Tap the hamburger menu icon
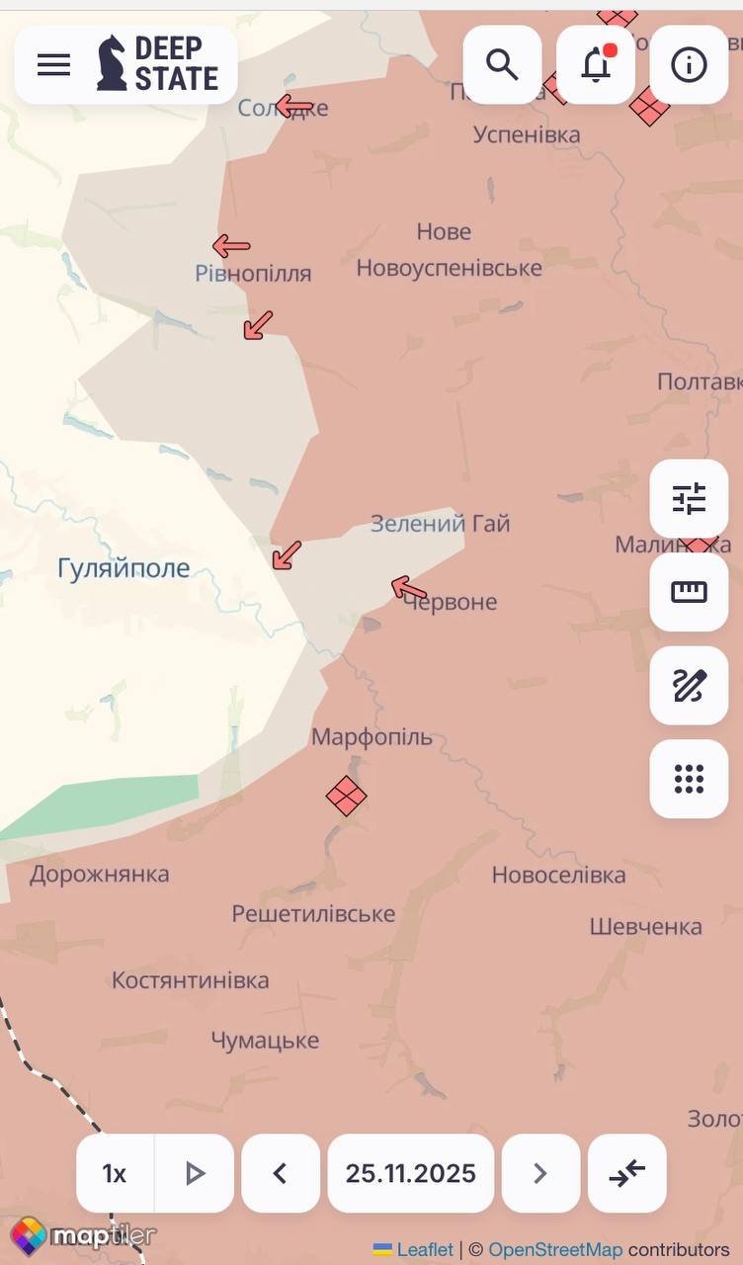(x=53, y=65)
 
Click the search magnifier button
(x=502, y=65)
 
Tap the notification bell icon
(x=596, y=65)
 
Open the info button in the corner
(x=689, y=65)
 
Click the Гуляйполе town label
(x=124, y=569)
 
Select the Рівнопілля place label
(x=253, y=274)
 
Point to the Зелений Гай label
(x=440, y=524)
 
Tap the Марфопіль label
(x=371, y=737)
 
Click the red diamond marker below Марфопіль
(x=346, y=796)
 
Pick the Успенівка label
(x=527, y=134)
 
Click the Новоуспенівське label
(x=449, y=268)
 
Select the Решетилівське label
(x=313, y=914)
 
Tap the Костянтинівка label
(x=190, y=981)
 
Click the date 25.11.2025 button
(x=410, y=1173)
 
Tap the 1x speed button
(x=115, y=1173)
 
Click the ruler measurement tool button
(x=689, y=592)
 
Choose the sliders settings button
(x=689, y=499)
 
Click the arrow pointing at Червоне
(x=409, y=589)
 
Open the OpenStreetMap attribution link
(x=555, y=1250)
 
